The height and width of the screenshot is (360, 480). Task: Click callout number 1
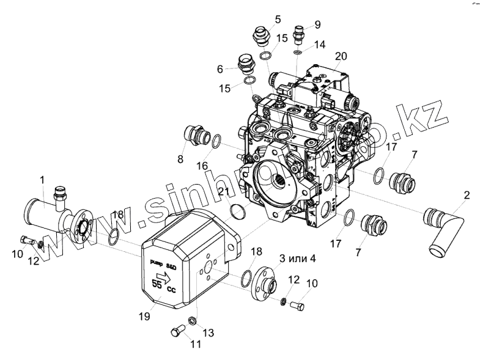42,180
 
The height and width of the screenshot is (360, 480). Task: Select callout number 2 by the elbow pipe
467,196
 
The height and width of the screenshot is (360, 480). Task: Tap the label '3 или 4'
297,258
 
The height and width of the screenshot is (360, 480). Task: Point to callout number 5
278,20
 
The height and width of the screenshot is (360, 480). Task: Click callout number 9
317,24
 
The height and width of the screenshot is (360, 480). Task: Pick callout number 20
341,56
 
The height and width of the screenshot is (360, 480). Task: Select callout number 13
208,332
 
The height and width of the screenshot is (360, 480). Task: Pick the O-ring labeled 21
237,212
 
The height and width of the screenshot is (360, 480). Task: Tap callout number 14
320,45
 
